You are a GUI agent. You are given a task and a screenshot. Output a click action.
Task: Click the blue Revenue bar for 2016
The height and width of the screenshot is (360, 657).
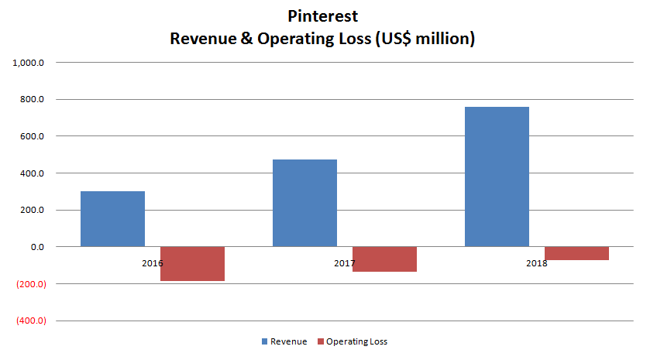(x=112, y=218)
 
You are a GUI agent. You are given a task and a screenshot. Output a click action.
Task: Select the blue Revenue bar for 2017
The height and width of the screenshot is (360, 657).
(x=304, y=203)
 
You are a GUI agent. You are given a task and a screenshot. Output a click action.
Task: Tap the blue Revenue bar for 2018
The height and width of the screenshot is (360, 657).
(x=497, y=177)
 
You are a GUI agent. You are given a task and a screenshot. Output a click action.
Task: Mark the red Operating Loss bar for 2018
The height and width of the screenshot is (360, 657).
(x=576, y=253)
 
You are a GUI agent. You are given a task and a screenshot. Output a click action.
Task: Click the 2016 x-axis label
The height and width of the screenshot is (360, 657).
(x=152, y=263)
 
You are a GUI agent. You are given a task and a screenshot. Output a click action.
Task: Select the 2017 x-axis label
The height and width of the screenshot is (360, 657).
(x=344, y=263)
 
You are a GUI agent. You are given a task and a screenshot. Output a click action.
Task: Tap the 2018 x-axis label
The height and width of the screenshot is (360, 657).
(x=536, y=263)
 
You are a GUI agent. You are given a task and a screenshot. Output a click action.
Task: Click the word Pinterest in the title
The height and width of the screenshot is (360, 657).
(x=322, y=15)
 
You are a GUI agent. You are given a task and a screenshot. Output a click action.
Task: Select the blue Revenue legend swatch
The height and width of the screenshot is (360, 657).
(x=265, y=341)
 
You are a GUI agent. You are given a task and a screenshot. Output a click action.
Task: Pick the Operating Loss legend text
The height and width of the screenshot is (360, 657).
(x=356, y=341)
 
